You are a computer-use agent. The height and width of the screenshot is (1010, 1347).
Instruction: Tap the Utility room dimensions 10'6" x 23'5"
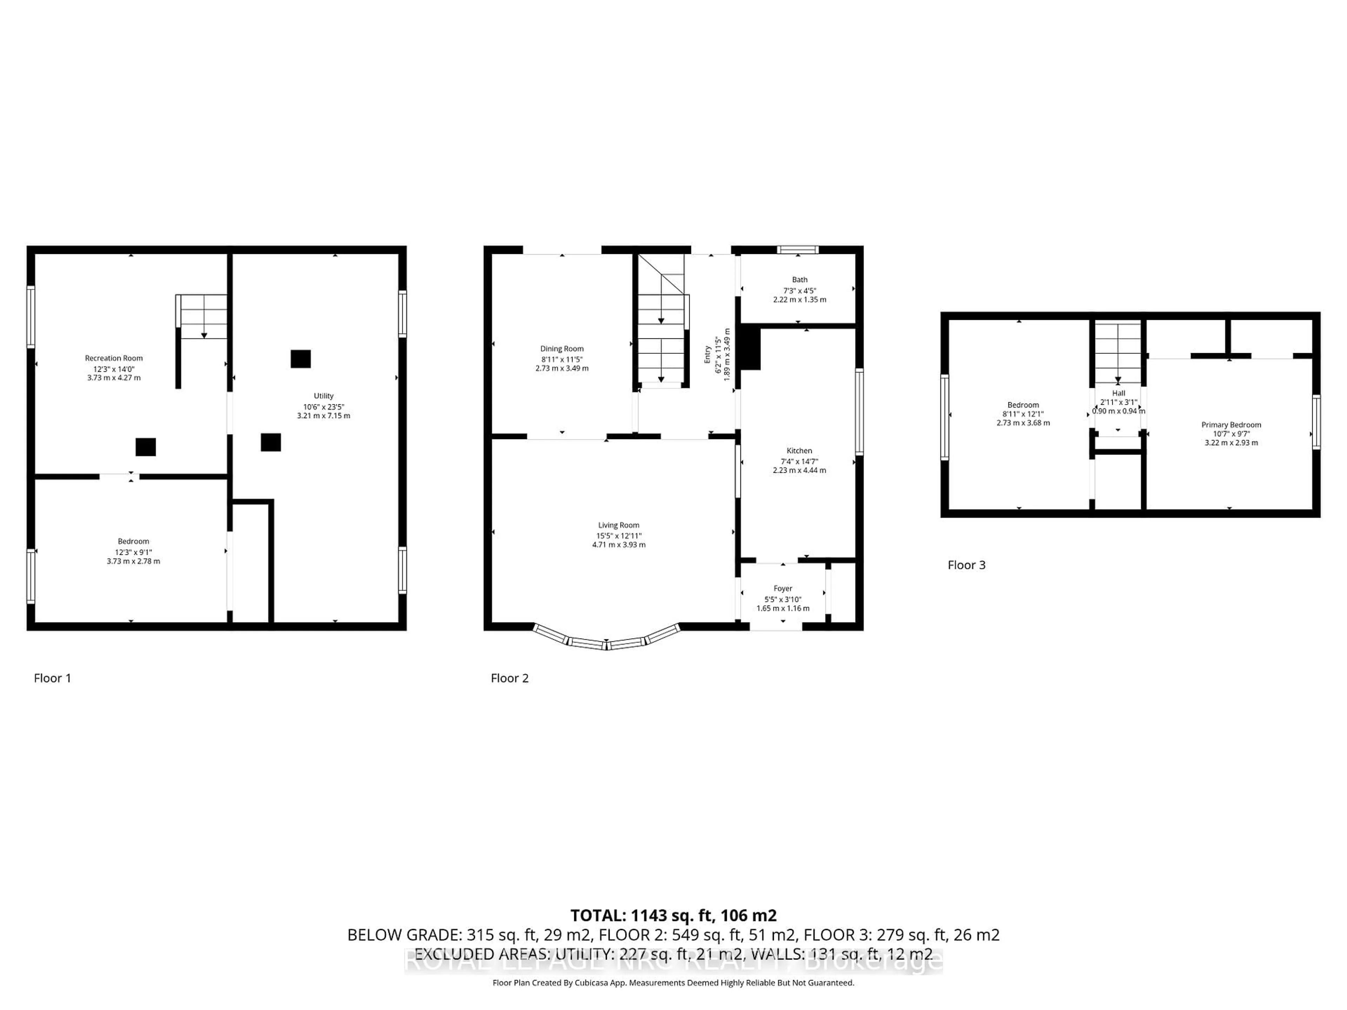coord(323,407)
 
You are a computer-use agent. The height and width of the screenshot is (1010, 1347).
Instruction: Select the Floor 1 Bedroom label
coord(133,541)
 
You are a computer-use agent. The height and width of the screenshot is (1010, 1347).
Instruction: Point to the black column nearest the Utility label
coord(300,359)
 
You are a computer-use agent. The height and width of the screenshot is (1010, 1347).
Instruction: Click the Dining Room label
coord(562,349)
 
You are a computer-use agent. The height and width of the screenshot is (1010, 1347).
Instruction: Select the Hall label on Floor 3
coord(1118,393)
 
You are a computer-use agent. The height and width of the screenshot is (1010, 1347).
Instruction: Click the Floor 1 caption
coord(52,678)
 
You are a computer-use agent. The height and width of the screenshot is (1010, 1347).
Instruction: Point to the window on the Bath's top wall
coord(798,250)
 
